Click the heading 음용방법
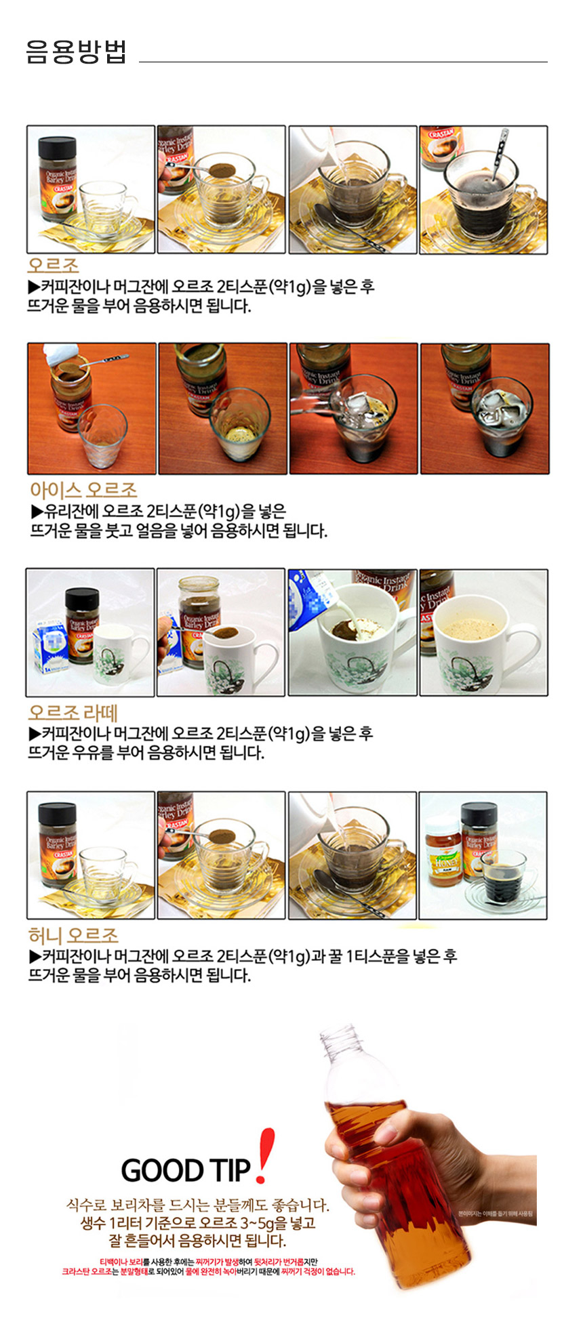[x=76, y=51]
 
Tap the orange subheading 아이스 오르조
[x=83, y=490]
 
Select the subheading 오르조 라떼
[x=73, y=713]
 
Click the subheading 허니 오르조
[x=73, y=936]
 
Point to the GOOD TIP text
[x=186, y=1170]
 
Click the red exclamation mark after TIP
[x=264, y=1155]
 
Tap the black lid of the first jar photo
[x=56, y=146]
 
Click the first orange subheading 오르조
[x=53, y=266]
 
